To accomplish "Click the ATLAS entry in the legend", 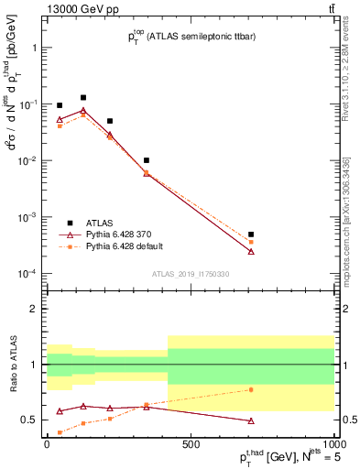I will [x=92, y=223].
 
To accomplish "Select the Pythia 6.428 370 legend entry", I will [x=111, y=234].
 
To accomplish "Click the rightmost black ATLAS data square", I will [x=251, y=234].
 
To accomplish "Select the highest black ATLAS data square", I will [x=83, y=97].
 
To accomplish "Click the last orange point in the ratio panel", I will [x=251, y=389].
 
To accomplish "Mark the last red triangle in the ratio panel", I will [x=251, y=420].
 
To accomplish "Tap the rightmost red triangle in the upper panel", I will [x=251, y=251].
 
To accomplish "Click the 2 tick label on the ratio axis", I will [x=35, y=309].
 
